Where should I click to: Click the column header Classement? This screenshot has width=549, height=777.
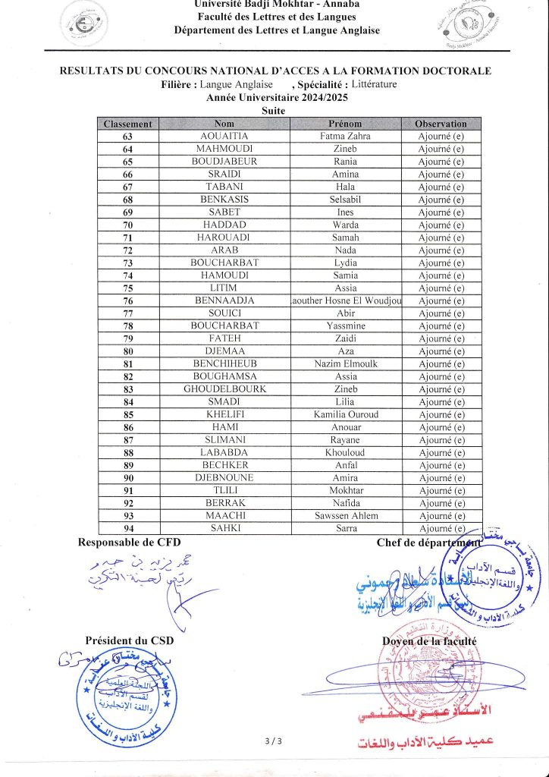tap(127, 124)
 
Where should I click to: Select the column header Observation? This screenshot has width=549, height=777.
tap(441, 124)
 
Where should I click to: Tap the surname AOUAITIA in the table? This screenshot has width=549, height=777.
tap(224, 137)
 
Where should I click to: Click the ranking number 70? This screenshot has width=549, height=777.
tap(127, 225)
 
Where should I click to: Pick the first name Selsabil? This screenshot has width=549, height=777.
tap(346, 200)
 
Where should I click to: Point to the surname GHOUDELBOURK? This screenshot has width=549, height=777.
tap(224, 389)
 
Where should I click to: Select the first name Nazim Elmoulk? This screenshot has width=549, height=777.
tap(346, 364)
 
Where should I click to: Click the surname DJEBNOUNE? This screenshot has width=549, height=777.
tap(224, 478)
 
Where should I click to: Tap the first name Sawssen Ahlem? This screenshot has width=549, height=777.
tap(346, 516)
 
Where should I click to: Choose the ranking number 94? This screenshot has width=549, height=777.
tap(127, 529)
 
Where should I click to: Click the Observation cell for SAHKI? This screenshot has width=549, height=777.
tap(441, 529)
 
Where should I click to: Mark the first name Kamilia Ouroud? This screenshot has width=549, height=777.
tap(346, 415)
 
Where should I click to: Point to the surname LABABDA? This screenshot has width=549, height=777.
tap(224, 453)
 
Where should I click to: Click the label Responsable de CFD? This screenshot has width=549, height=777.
tap(130, 543)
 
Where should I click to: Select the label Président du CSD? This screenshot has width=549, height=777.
tap(130, 640)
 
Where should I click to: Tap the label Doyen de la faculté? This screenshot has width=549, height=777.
tap(429, 641)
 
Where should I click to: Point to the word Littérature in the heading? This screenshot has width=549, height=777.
tap(369, 84)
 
